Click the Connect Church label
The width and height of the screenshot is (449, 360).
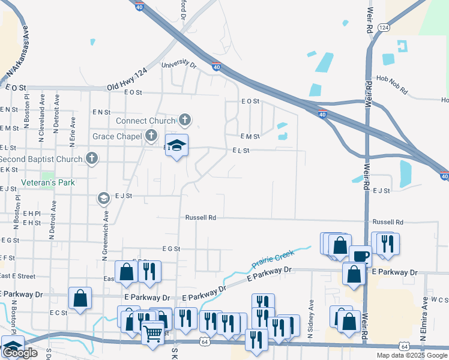point(144,121)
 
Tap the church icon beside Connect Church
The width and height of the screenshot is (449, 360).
point(185,120)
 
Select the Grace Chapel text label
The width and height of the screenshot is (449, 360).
point(117,137)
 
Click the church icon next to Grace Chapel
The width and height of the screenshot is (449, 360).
point(151,136)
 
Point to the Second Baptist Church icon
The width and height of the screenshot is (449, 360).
point(91,158)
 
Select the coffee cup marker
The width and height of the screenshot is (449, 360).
point(360,256)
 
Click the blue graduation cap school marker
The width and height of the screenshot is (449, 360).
point(176,145)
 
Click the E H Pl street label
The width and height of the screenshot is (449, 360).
point(32,213)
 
